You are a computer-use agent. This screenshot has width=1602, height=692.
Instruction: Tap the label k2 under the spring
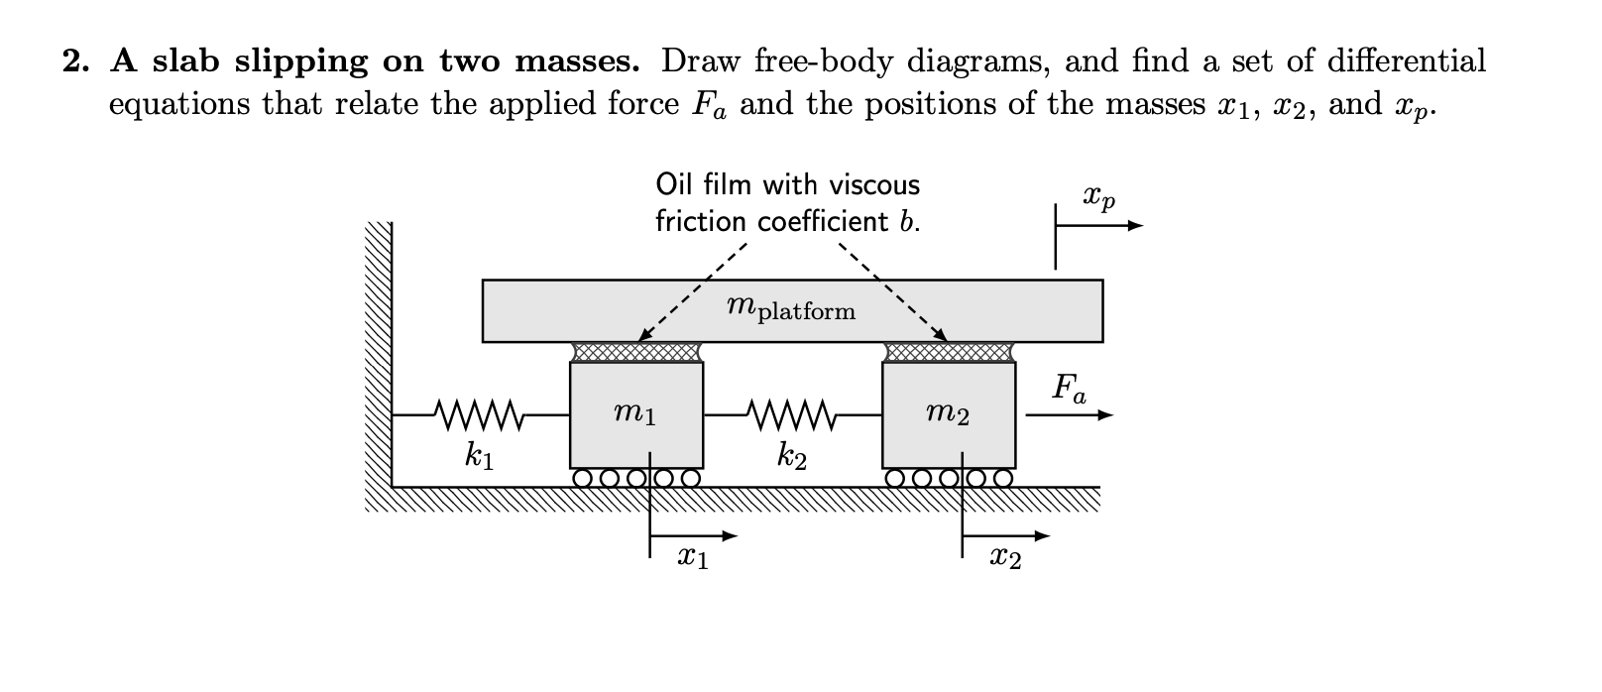(x=792, y=457)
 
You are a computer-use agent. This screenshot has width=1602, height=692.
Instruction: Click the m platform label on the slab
(x=790, y=309)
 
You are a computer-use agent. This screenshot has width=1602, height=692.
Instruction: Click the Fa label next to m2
(x=1069, y=388)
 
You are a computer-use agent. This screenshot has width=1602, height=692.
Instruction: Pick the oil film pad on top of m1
(x=636, y=352)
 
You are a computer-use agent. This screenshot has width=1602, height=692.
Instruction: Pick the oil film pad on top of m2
(x=949, y=352)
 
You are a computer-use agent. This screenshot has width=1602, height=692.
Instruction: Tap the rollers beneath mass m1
(x=636, y=478)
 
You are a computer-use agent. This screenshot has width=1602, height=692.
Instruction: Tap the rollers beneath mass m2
(x=949, y=478)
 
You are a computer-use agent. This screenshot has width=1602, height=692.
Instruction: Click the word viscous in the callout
(x=873, y=185)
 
